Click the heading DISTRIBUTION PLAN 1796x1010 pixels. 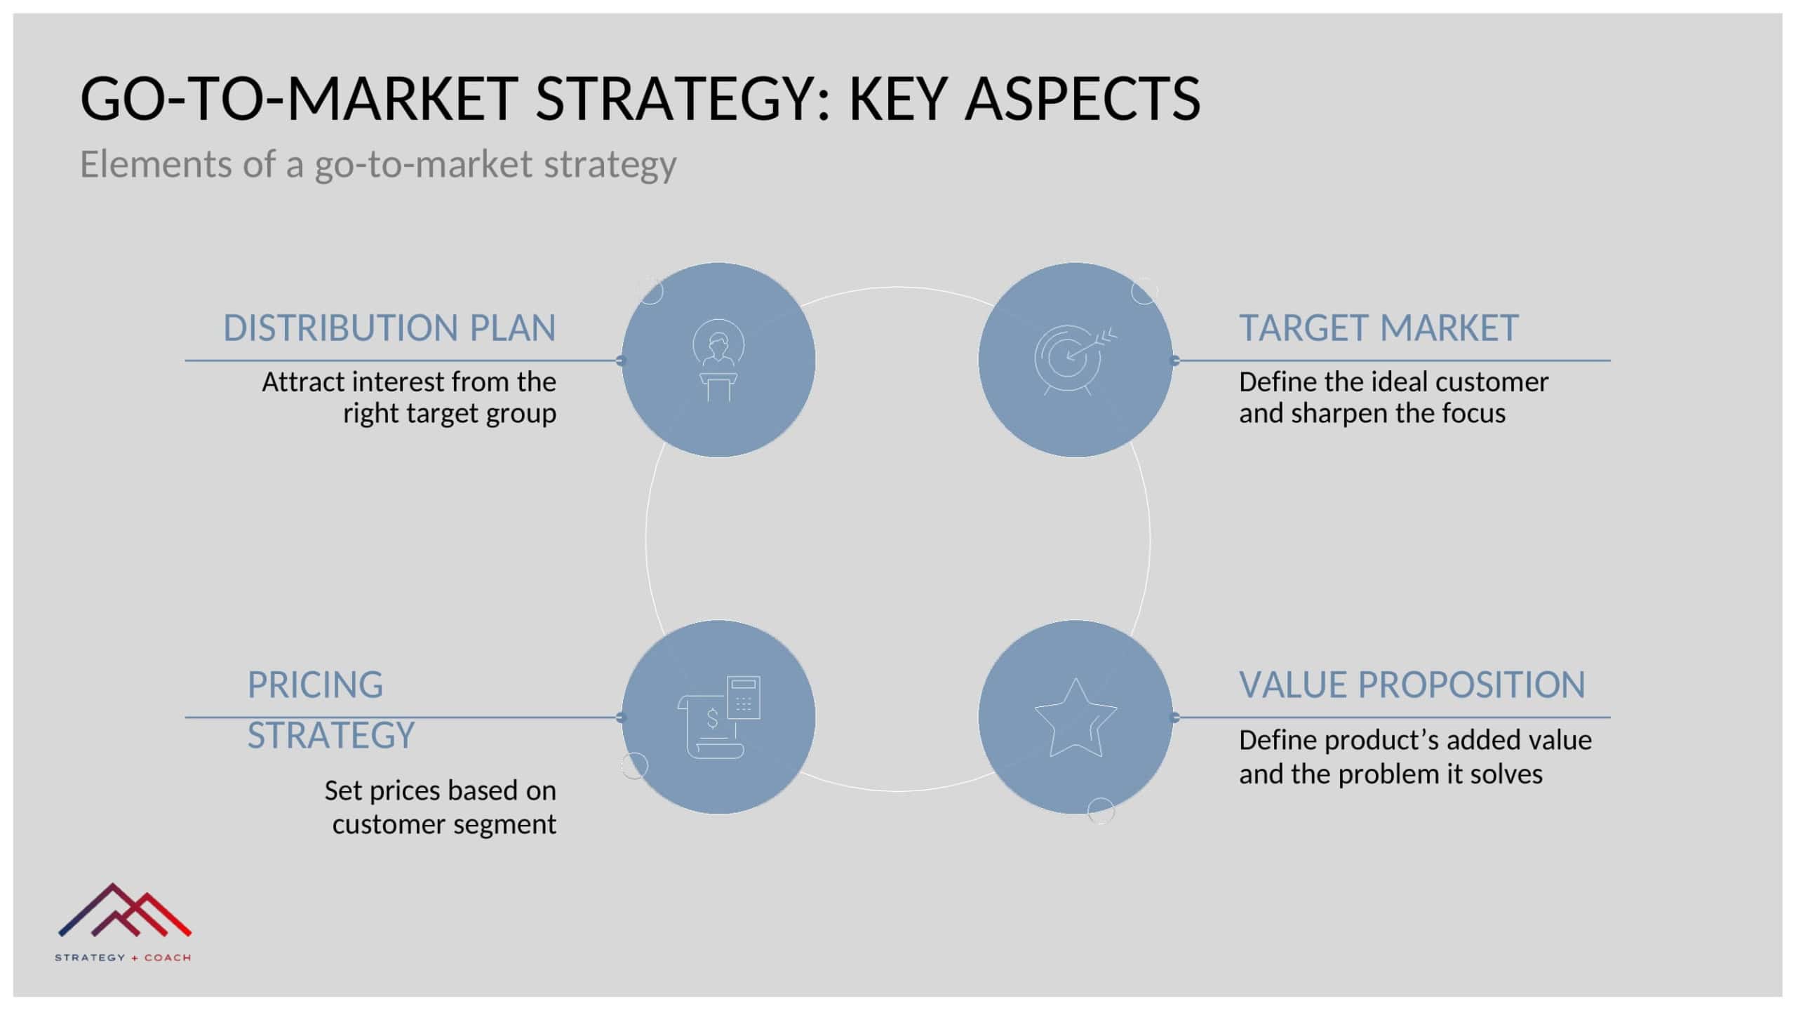389,328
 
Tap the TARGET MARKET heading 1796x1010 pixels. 1379,328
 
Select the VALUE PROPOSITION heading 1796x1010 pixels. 1412,685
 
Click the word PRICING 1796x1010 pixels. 315,685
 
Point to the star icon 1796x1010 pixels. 1075,717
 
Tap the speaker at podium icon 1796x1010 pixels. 718,360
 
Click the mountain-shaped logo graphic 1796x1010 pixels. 125,910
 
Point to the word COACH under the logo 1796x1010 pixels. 168,957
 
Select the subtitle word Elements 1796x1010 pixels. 156,163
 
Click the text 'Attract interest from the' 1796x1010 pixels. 409,382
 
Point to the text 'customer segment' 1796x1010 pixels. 444,824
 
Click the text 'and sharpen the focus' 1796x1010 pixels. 1372,413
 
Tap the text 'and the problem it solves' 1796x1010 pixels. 1390,774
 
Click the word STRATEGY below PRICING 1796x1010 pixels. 331,736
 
